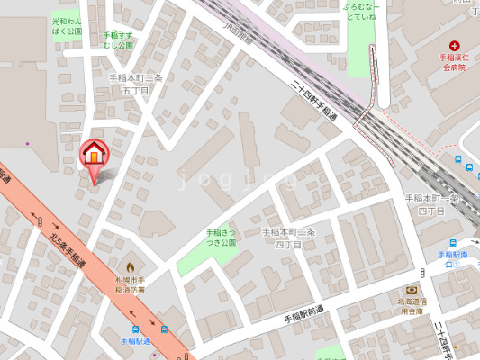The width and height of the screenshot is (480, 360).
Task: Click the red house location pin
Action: tap(94, 154)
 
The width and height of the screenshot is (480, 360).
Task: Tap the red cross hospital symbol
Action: tap(455, 45)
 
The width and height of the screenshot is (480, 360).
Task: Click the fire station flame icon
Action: tap(130, 266)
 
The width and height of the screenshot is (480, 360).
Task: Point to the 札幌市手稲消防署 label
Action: tap(130, 285)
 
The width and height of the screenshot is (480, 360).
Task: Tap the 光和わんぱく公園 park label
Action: tap(67, 25)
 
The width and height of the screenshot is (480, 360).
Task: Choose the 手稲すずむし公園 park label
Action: tap(118, 40)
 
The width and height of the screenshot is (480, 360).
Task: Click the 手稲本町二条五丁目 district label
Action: tap(135, 84)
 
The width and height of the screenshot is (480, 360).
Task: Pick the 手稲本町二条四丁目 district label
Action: tap(288, 238)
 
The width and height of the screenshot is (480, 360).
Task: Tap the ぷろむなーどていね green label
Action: tap(361, 10)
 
